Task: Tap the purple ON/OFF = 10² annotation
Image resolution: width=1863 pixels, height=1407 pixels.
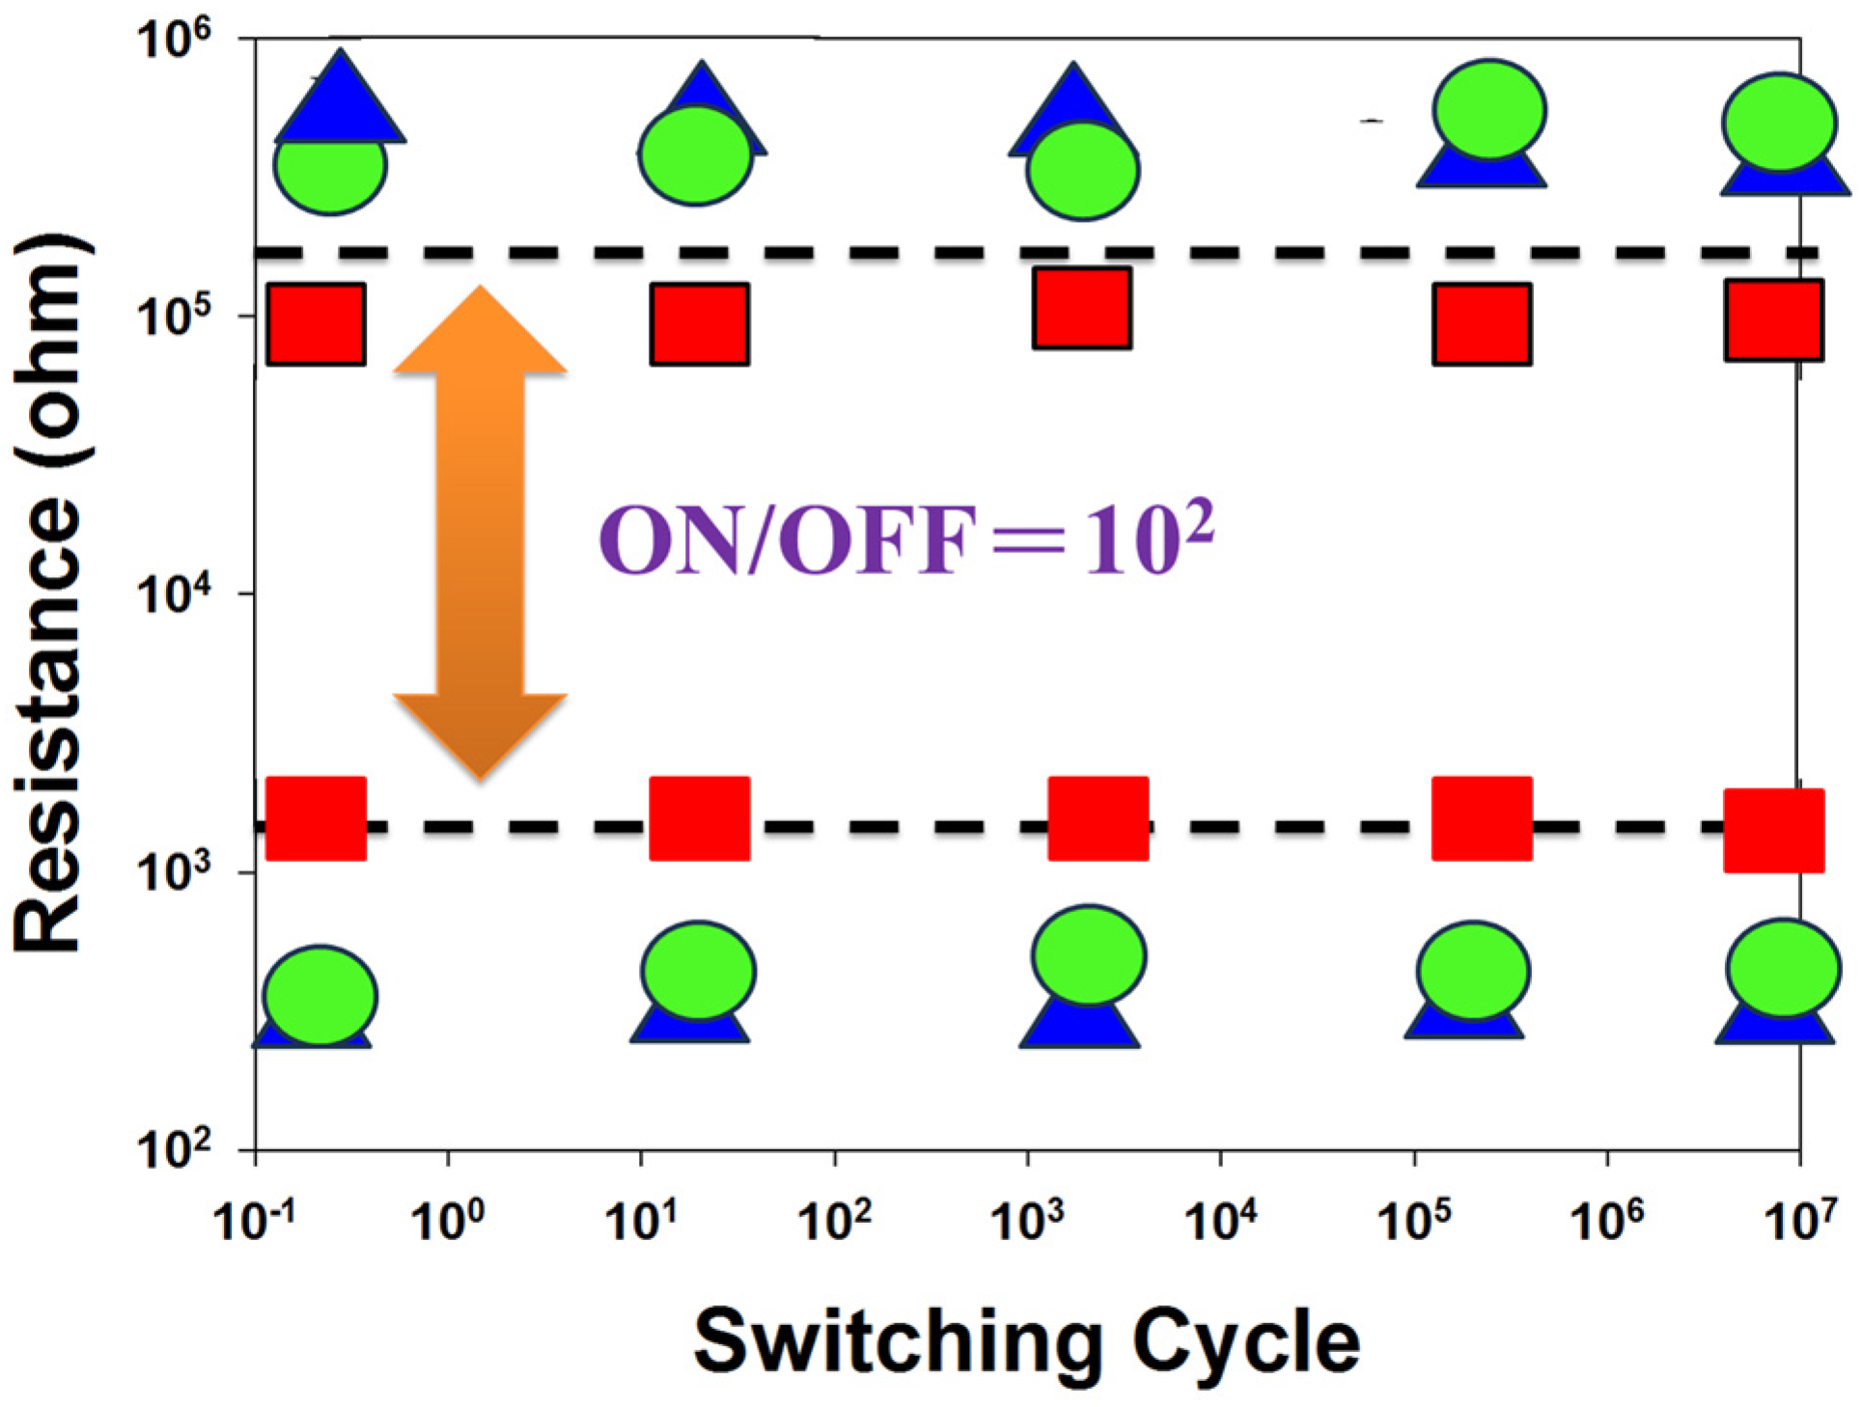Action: click(905, 540)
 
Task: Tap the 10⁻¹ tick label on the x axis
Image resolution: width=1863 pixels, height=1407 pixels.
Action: click(254, 1221)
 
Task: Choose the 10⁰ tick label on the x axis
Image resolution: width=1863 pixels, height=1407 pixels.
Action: click(447, 1221)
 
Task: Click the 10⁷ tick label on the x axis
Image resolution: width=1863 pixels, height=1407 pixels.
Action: click(1799, 1221)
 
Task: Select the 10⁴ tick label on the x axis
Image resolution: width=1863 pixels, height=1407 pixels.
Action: click(1220, 1221)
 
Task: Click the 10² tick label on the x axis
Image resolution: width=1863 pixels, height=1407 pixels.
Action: click(834, 1221)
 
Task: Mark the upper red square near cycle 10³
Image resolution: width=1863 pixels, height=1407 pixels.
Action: click(1082, 308)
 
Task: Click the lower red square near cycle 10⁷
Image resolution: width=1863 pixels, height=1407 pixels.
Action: click(1774, 830)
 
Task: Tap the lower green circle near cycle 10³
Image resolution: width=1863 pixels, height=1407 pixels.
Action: click(1089, 955)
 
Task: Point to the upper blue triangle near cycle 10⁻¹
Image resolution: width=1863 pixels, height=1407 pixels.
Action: click(340, 101)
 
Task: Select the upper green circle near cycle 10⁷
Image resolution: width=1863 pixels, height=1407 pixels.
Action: click(1779, 122)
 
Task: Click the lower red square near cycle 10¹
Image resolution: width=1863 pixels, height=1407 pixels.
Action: click(699, 818)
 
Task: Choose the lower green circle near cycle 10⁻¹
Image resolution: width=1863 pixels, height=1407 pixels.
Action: click(320, 996)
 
